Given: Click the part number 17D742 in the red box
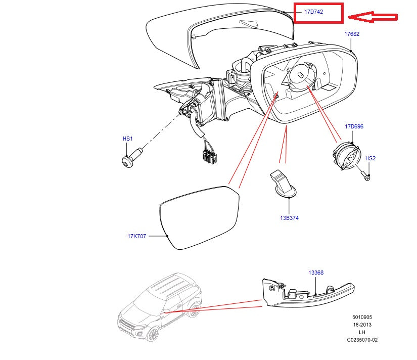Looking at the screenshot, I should pos(314,12).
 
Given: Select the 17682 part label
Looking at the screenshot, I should pos(352,34).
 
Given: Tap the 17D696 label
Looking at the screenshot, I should pos(354,126).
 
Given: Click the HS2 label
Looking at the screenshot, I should pos(370,158).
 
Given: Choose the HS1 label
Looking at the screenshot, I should pos(127,138).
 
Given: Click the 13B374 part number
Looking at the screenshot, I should pos(289,218).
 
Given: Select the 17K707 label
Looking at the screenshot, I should pos(136,236).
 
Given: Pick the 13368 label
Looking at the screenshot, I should pos(316,273).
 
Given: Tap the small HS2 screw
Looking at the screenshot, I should pos(367,176).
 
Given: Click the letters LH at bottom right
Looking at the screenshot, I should pos(362,332).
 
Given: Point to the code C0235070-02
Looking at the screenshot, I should pos(362,340).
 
